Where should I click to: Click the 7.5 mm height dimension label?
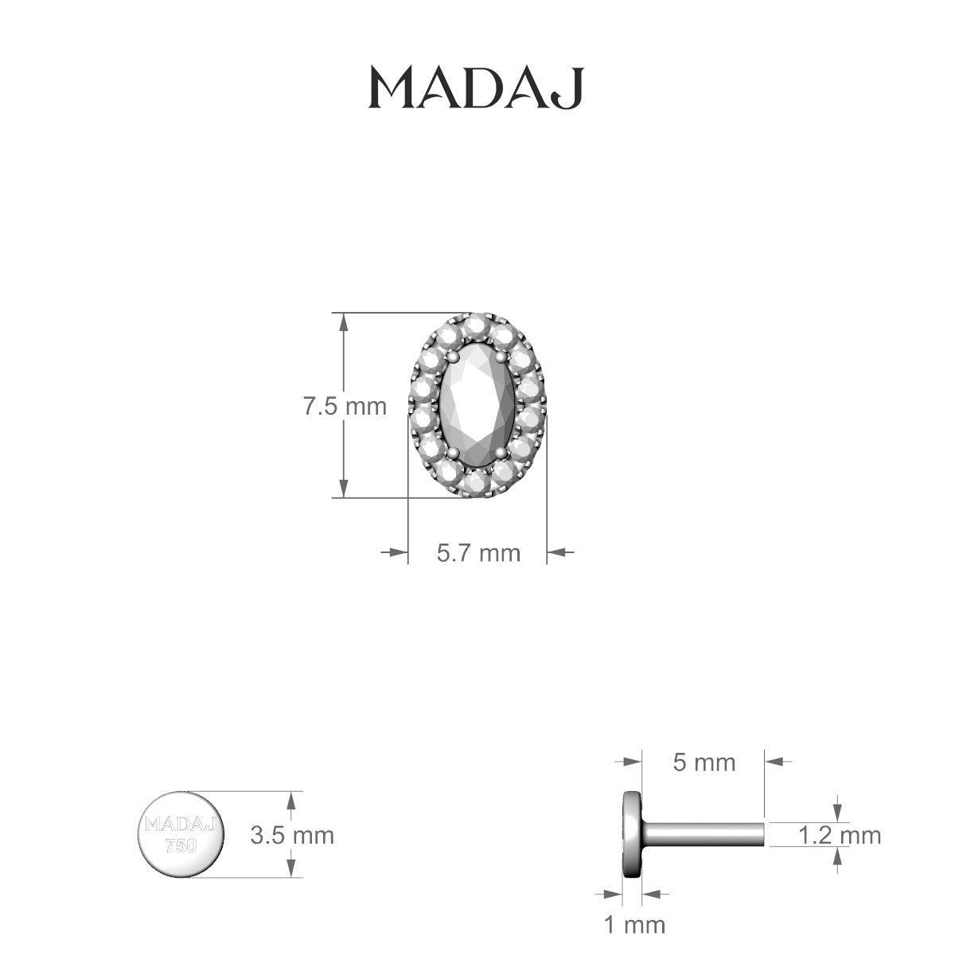click(344, 407)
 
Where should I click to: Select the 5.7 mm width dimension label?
click(477, 552)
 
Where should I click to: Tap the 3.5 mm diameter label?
click(291, 835)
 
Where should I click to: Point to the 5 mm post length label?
click(704, 762)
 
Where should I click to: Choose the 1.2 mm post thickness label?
click(839, 835)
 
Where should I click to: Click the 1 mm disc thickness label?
click(633, 925)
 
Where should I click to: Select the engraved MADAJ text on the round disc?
click(182, 824)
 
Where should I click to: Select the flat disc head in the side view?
click(633, 835)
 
